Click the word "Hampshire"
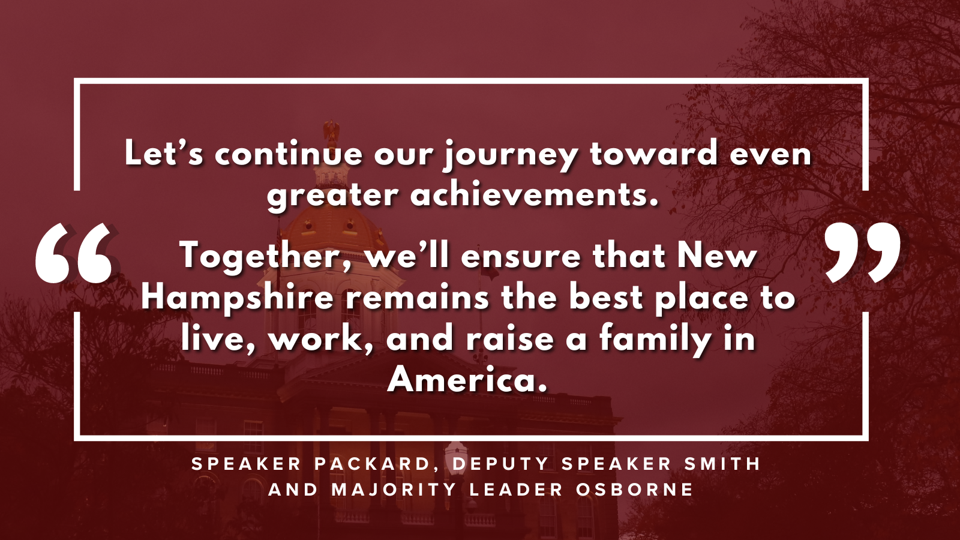237,298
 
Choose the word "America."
467,379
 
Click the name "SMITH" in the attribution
722,464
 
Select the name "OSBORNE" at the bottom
634,490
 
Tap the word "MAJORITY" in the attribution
394,490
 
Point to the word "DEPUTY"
501,464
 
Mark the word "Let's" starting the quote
163,153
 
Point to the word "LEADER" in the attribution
516,490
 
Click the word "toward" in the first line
653,153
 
